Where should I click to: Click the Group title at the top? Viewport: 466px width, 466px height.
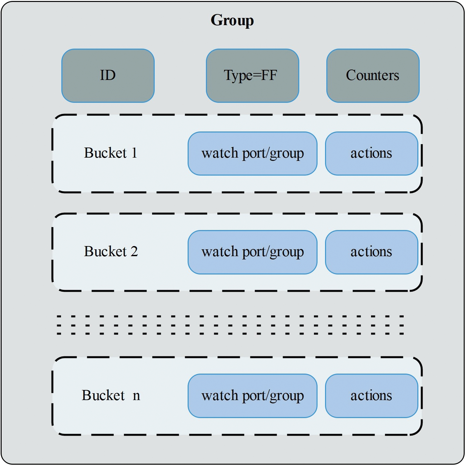coord(232,20)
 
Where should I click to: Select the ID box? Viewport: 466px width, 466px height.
coord(108,76)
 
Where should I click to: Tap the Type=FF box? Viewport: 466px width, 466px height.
coord(252,76)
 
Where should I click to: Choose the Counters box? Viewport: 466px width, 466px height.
coord(373,76)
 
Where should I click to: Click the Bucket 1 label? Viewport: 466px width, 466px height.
coord(110,153)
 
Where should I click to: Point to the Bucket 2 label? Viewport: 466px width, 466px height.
coord(111,252)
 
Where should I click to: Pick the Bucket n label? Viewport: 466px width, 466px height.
coord(111,396)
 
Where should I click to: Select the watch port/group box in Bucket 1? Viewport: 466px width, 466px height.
coord(252,153)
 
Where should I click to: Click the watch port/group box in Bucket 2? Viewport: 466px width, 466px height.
coord(252,252)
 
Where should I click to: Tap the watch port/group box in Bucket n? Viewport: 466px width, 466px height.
coord(252,396)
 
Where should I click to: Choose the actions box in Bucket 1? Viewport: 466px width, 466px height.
coord(371,153)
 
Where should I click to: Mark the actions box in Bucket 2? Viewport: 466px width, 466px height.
coord(371,252)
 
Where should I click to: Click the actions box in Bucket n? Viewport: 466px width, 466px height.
coord(371,396)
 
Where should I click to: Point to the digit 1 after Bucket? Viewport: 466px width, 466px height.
coord(134,153)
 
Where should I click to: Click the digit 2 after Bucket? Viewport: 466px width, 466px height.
coord(134,252)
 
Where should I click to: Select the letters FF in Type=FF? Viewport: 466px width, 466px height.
coord(269,75)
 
